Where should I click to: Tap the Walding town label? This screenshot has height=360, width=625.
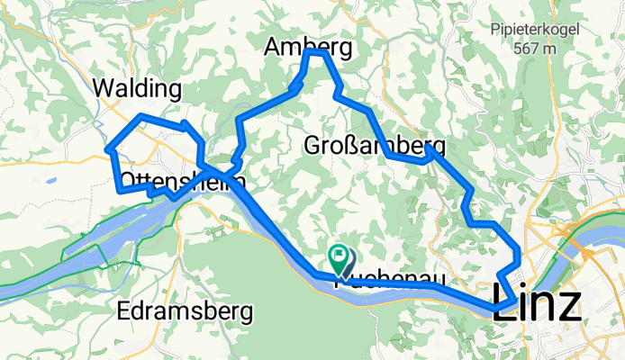(x=138, y=89)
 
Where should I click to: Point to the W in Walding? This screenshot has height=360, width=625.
(x=104, y=89)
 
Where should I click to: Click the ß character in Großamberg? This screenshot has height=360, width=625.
(x=358, y=145)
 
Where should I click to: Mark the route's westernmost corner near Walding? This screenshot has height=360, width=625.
(x=109, y=148)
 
